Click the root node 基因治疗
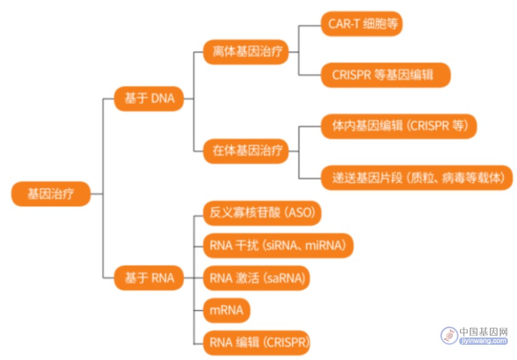pyautogui.click(x=50, y=194)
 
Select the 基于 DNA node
pyautogui.click(x=148, y=99)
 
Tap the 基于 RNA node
pyautogui.click(x=148, y=278)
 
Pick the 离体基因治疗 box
pyautogui.click(x=246, y=52)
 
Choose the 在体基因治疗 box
pyautogui.click(x=246, y=151)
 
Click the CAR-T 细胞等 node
pyautogui.click(x=362, y=24)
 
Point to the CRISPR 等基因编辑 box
pyautogui.click(x=386, y=75)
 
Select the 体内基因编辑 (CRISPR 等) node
pyautogui.click(x=399, y=126)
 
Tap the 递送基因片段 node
pyautogui.click(x=417, y=178)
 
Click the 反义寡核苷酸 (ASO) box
pyautogui.click(x=262, y=213)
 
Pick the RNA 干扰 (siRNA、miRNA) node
pyautogui.click(x=279, y=246)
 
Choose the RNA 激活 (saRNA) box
pyautogui.click(x=257, y=279)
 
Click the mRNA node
pyautogui.click(x=226, y=310)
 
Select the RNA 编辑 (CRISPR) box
pyautogui.click(x=257, y=343)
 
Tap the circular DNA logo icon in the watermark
pyautogui.click(x=449, y=336)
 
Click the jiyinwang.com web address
pyautogui.click(x=484, y=341)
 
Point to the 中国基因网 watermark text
pyautogui.click(x=484, y=331)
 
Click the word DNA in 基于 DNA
pyautogui.click(x=162, y=99)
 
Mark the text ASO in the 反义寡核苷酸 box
pyautogui.click(x=300, y=213)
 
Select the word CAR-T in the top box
pyautogui.click(x=344, y=24)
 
